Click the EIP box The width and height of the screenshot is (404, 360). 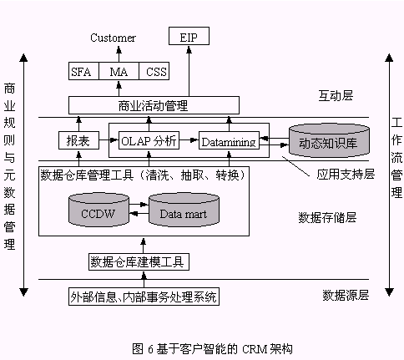click(189, 36)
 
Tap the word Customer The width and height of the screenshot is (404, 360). click(113, 38)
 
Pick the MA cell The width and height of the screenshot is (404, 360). click(119, 71)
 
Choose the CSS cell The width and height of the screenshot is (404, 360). click(154, 71)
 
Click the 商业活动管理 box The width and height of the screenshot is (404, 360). click(154, 105)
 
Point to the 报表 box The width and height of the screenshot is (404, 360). click(78, 140)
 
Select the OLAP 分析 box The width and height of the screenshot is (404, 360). click(149, 140)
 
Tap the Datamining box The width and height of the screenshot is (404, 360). click(229, 140)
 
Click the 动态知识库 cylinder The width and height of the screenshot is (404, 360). click(329, 140)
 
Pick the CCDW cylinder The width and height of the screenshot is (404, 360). click(98, 210)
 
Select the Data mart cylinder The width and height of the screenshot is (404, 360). click(184, 210)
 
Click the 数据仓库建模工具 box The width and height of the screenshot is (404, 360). click(139, 261)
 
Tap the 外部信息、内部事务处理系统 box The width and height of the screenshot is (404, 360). click(144, 297)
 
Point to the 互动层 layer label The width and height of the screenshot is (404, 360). click(336, 95)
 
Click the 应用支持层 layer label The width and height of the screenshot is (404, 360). click(346, 175)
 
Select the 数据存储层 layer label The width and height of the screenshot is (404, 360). click(327, 217)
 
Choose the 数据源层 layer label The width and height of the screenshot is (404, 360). click(346, 295)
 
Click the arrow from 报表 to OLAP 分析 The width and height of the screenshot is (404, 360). click(109, 140)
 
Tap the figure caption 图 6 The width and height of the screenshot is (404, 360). click(212, 348)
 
